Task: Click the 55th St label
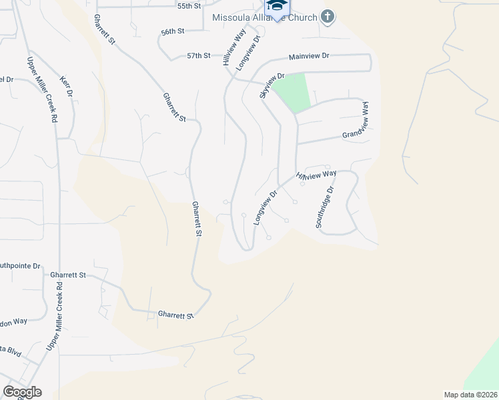189,6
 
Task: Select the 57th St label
198,56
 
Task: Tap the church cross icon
327,15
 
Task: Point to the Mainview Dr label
309,57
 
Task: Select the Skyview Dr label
272,85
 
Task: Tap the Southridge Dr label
324,207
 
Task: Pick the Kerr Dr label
67,85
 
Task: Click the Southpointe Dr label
20,265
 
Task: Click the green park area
293,93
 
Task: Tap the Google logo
22,392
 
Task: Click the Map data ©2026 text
470,394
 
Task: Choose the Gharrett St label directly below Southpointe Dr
69,275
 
